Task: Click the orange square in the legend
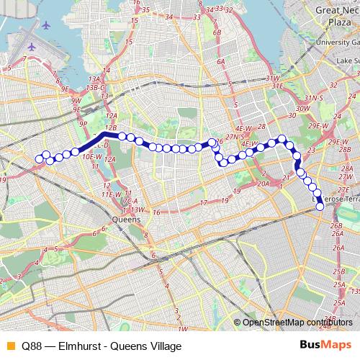coord(9,346)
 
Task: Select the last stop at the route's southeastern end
coord(320,207)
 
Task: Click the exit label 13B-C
coord(96,87)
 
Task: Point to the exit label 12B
coord(111,127)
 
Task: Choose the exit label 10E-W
coord(92,156)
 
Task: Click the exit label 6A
coord(222,63)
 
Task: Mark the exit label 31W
coord(271,78)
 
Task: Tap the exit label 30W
coord(302,108)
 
